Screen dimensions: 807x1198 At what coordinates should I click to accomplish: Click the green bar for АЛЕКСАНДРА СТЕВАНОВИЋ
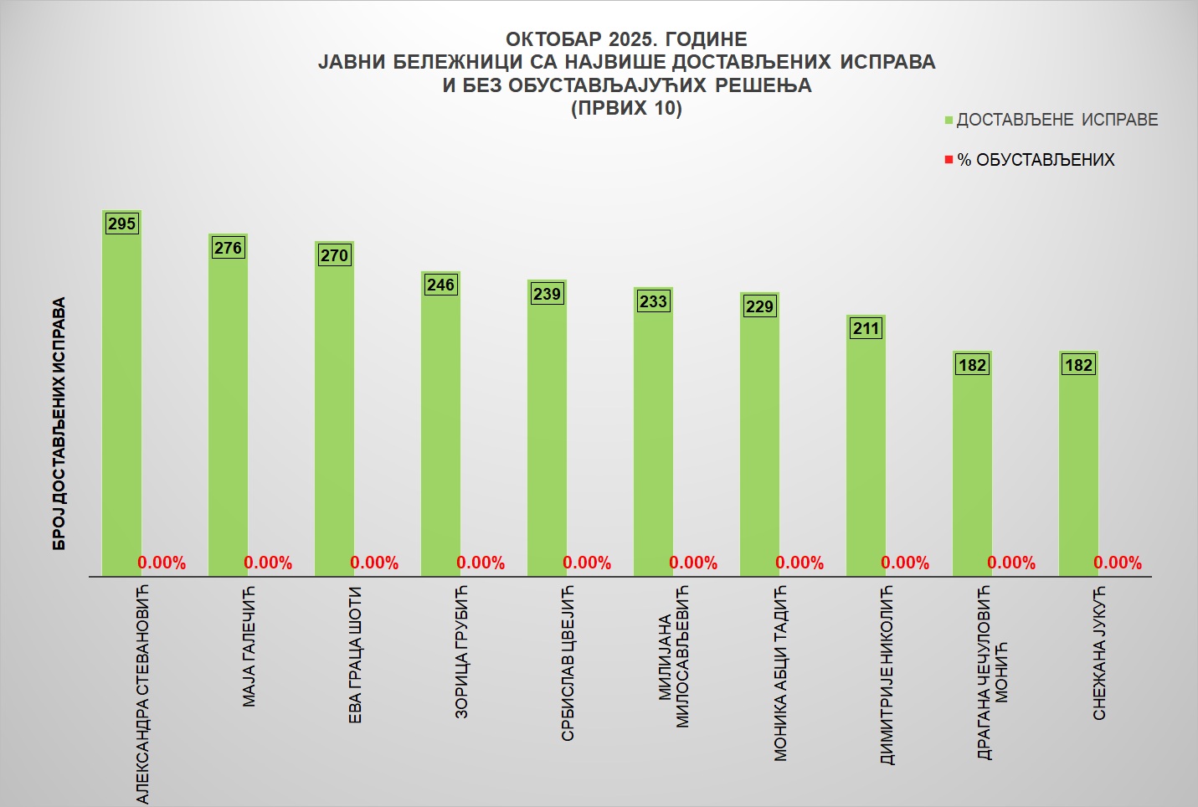pos(121,393)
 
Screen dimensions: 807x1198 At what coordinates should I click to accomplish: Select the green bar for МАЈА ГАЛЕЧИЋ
pos(228,405)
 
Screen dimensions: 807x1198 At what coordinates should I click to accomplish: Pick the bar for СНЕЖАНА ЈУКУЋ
pos(1078,464)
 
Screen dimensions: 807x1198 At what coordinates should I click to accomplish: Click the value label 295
pos(121,224)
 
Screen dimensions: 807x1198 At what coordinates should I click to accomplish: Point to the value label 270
pos(334,255)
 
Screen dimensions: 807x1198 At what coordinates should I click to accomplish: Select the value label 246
pos(440,285)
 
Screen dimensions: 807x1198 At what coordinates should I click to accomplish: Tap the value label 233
pos(653,301)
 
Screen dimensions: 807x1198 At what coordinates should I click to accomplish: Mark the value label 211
pos(866,328)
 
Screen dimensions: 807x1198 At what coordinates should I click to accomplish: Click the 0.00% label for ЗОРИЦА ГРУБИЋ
pos(481,563)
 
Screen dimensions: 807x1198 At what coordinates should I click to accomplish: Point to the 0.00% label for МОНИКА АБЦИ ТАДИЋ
pos(800,563)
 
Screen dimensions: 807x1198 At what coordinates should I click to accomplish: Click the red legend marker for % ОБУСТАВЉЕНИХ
pos(949,160)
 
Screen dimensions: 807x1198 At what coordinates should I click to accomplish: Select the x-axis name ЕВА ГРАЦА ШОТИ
pos(355,655)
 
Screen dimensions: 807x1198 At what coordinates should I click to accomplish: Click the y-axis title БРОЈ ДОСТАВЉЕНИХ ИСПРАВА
pos(59,424)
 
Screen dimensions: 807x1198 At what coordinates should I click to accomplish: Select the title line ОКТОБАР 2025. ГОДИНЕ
pos(626,39)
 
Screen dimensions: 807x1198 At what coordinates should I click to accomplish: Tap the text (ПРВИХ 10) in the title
pos(626,108)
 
